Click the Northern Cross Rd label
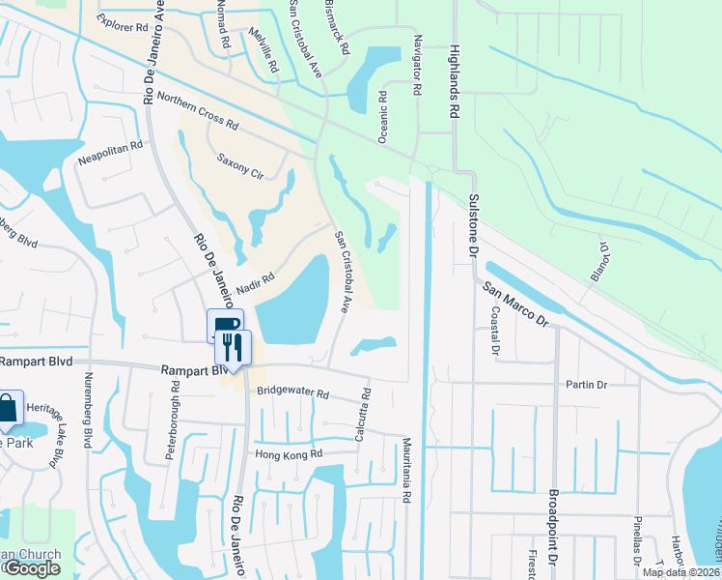pos(197,110)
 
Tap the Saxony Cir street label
pos(239,165)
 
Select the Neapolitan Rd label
pos(110,153)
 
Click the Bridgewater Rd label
pos(293,393)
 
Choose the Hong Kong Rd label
pos(288,453)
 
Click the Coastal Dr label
pos(493,333)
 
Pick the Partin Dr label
pos(587,385)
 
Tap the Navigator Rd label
pos(417,68)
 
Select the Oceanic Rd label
pos(383,118)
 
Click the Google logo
pos(31,568)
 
